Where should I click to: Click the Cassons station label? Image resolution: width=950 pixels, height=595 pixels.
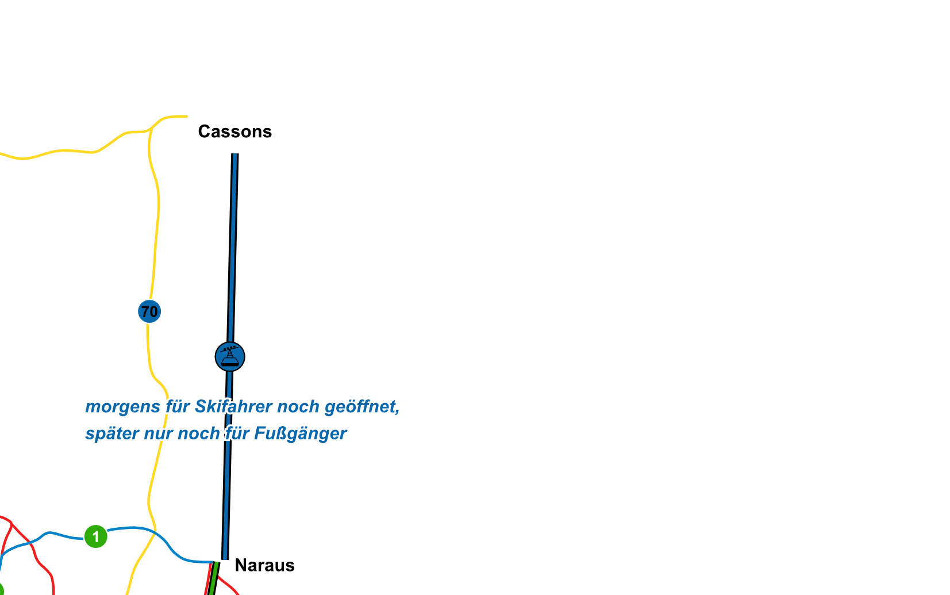pos(234,132)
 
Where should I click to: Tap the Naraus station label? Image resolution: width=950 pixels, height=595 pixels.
pos(264,565)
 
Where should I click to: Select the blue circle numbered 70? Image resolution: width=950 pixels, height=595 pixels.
pos(149,312)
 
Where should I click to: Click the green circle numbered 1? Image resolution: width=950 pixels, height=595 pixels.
pos(95,536)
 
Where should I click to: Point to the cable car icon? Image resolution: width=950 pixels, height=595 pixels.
pos(230,357)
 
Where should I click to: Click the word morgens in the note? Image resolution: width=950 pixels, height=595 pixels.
pos(122,407)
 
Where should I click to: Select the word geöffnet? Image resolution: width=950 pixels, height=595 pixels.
pos(361,407)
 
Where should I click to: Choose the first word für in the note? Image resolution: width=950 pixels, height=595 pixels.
pos(177,407)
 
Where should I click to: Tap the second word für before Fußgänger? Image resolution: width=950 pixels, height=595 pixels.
pos(237,434)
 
